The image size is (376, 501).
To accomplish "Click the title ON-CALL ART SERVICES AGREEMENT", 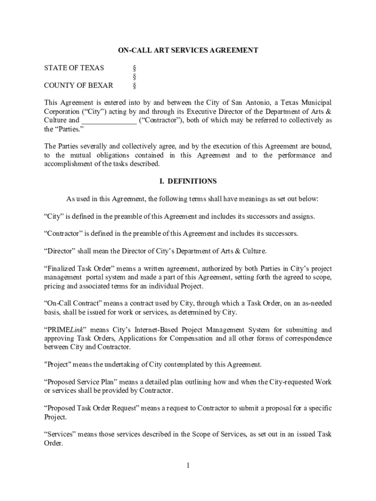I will click(x=188, y=50).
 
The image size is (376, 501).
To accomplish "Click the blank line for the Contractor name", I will click(x=109, y=120).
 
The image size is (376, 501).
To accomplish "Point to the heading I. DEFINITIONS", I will click(x=188, y=181).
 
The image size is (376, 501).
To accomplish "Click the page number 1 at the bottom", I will click(x=188, y=465).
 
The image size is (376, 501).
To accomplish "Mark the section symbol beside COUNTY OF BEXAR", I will click(x=134, y=85).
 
